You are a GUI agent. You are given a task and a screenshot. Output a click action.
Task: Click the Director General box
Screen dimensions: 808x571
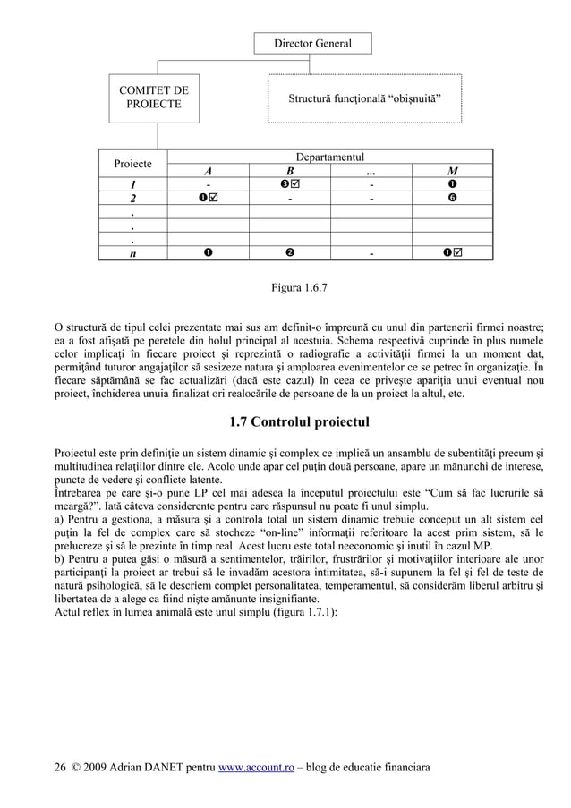click(312, 43)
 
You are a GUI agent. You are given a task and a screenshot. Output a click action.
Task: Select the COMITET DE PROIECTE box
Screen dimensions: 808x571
click(153, 98)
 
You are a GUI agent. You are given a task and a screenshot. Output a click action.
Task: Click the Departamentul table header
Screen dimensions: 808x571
click(329, 157)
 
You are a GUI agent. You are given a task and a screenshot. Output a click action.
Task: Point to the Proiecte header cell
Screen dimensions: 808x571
click(132, 165)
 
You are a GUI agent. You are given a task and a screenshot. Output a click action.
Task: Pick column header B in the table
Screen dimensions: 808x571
click(289, 172)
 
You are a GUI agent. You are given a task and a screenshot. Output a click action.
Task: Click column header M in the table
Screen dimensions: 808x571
click(453, 172)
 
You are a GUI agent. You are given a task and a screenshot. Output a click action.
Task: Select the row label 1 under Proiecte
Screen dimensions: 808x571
click(132, 185)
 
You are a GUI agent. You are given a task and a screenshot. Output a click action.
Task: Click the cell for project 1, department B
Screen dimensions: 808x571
click(289, 185)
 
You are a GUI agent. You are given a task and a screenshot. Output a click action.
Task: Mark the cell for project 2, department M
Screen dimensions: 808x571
click(453, 198)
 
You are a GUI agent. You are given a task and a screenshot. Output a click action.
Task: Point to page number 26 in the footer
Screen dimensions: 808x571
click(61, 768)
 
